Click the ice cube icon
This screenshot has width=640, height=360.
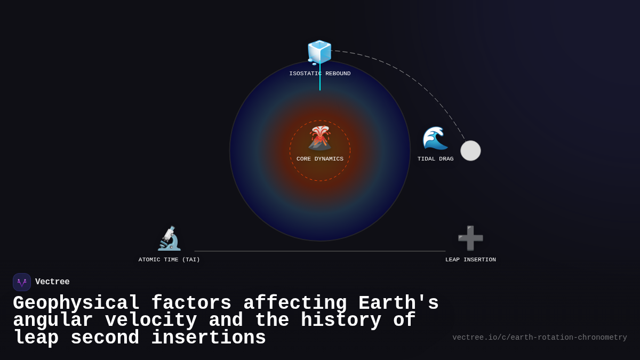click(319, 52)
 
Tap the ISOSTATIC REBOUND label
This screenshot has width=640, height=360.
click(320, 74)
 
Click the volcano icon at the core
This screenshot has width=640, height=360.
click(320, 138)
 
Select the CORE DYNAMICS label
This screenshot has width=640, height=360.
click(320, 159)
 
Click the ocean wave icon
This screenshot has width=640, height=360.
click(435, 138)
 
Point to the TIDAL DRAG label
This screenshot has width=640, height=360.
click(435, 159)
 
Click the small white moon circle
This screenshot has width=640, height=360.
click(470, 150)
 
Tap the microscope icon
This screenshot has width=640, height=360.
click(169, 238)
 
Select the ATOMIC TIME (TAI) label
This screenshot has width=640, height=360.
click(169, 260)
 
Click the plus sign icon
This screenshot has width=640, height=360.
click(470, 238)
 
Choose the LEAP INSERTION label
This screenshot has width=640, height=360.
click(470, 260)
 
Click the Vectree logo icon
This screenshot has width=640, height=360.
click(22, 282)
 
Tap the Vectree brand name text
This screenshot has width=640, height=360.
click(52, 282)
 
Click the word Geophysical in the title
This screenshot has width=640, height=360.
click(76, 303)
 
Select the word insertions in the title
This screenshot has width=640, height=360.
click(209, 338)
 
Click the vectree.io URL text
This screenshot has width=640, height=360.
click(539, 338)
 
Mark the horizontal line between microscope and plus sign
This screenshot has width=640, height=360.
click(320, 251)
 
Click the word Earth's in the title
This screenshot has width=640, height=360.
click(398, 303)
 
